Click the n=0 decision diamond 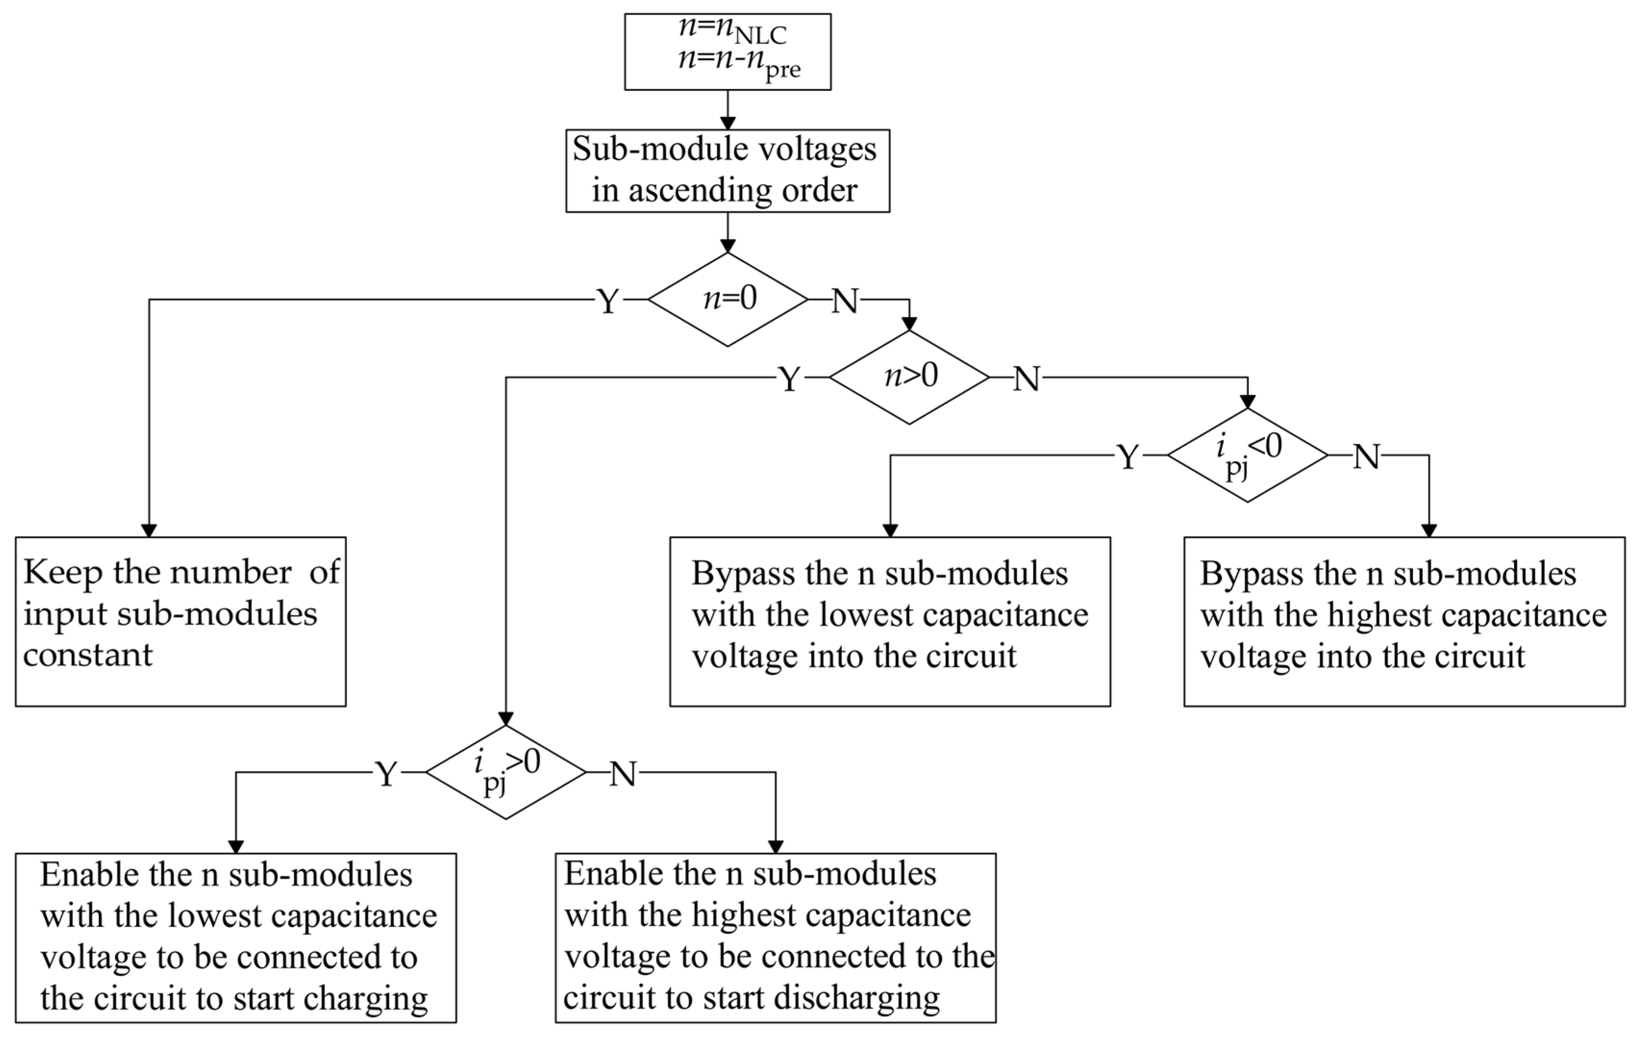pos(727,300)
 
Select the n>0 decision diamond pos(909,377)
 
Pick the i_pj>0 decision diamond pos(506,772)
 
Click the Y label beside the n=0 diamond pos(608,300)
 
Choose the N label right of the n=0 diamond pos(845,300)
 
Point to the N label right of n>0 pos(1027,378)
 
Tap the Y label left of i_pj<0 pos(1128,457)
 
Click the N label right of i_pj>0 pos(623,774)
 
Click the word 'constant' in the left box pos(88,654)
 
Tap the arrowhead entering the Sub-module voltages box pos(727,123)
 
